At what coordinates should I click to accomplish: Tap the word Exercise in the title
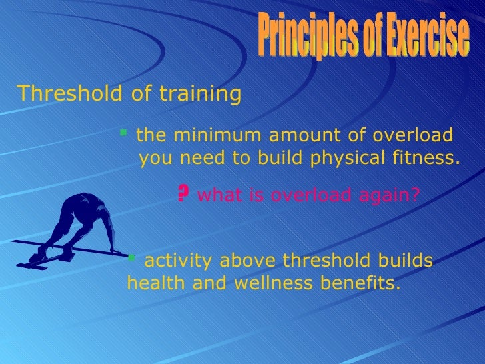coord(426,37)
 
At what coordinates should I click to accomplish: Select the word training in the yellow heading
coord(200,94)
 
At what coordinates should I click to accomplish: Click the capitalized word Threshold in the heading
coord(67,94)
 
